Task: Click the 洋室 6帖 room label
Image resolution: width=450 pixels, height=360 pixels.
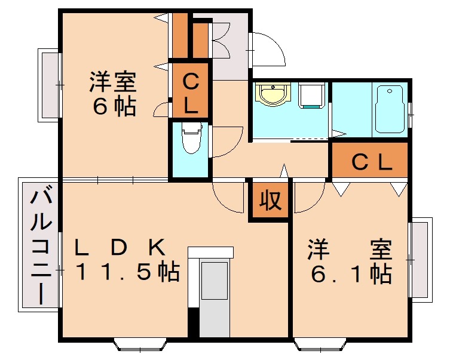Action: point(113,94)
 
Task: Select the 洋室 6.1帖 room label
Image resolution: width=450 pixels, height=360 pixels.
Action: point(350,261)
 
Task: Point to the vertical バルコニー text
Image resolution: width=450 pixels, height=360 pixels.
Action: point(40,245)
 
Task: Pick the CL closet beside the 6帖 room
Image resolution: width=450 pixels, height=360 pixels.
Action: point(190,93)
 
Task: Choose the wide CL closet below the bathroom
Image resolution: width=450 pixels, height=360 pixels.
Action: point(370,161)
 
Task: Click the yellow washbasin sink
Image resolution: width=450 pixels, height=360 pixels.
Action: point(273,94)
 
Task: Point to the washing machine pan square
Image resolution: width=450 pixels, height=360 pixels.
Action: point(312,96)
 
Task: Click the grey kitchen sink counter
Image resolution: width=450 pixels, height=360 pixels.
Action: point(214,281)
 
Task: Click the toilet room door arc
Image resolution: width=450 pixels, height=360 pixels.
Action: point(226,143)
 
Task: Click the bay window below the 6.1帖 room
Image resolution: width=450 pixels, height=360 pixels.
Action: point(319,344)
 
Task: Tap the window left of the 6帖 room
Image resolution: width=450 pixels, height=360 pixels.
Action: point(50,84)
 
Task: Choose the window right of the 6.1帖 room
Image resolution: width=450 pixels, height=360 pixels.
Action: point(420,260)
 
